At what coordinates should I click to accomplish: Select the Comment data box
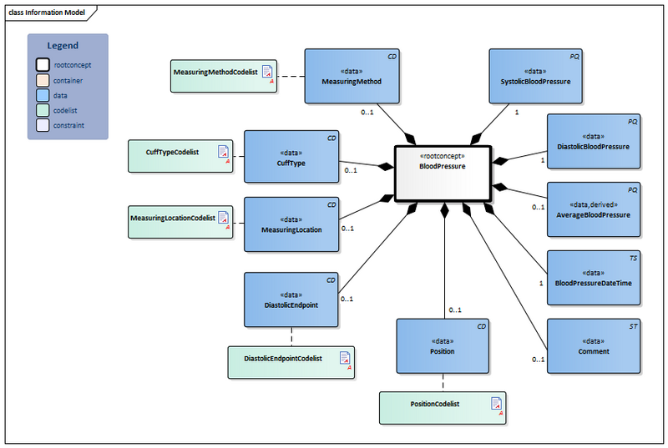tap(593, 345)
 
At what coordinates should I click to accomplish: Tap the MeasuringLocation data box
tap(291, 224)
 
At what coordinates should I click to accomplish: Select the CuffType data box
tap(291, 156)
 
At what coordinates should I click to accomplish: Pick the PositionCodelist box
tap(443, 405)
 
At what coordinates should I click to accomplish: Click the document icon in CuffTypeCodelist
tap(223, 152)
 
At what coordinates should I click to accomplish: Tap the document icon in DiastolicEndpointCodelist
tap(345, 358)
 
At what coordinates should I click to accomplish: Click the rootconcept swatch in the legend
tap(42, 64)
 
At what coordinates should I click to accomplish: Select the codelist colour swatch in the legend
tap(42, 110)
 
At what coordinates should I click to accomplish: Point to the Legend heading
tap(63, 46)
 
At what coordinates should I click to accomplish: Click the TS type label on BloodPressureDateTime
tap(633, 259)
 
